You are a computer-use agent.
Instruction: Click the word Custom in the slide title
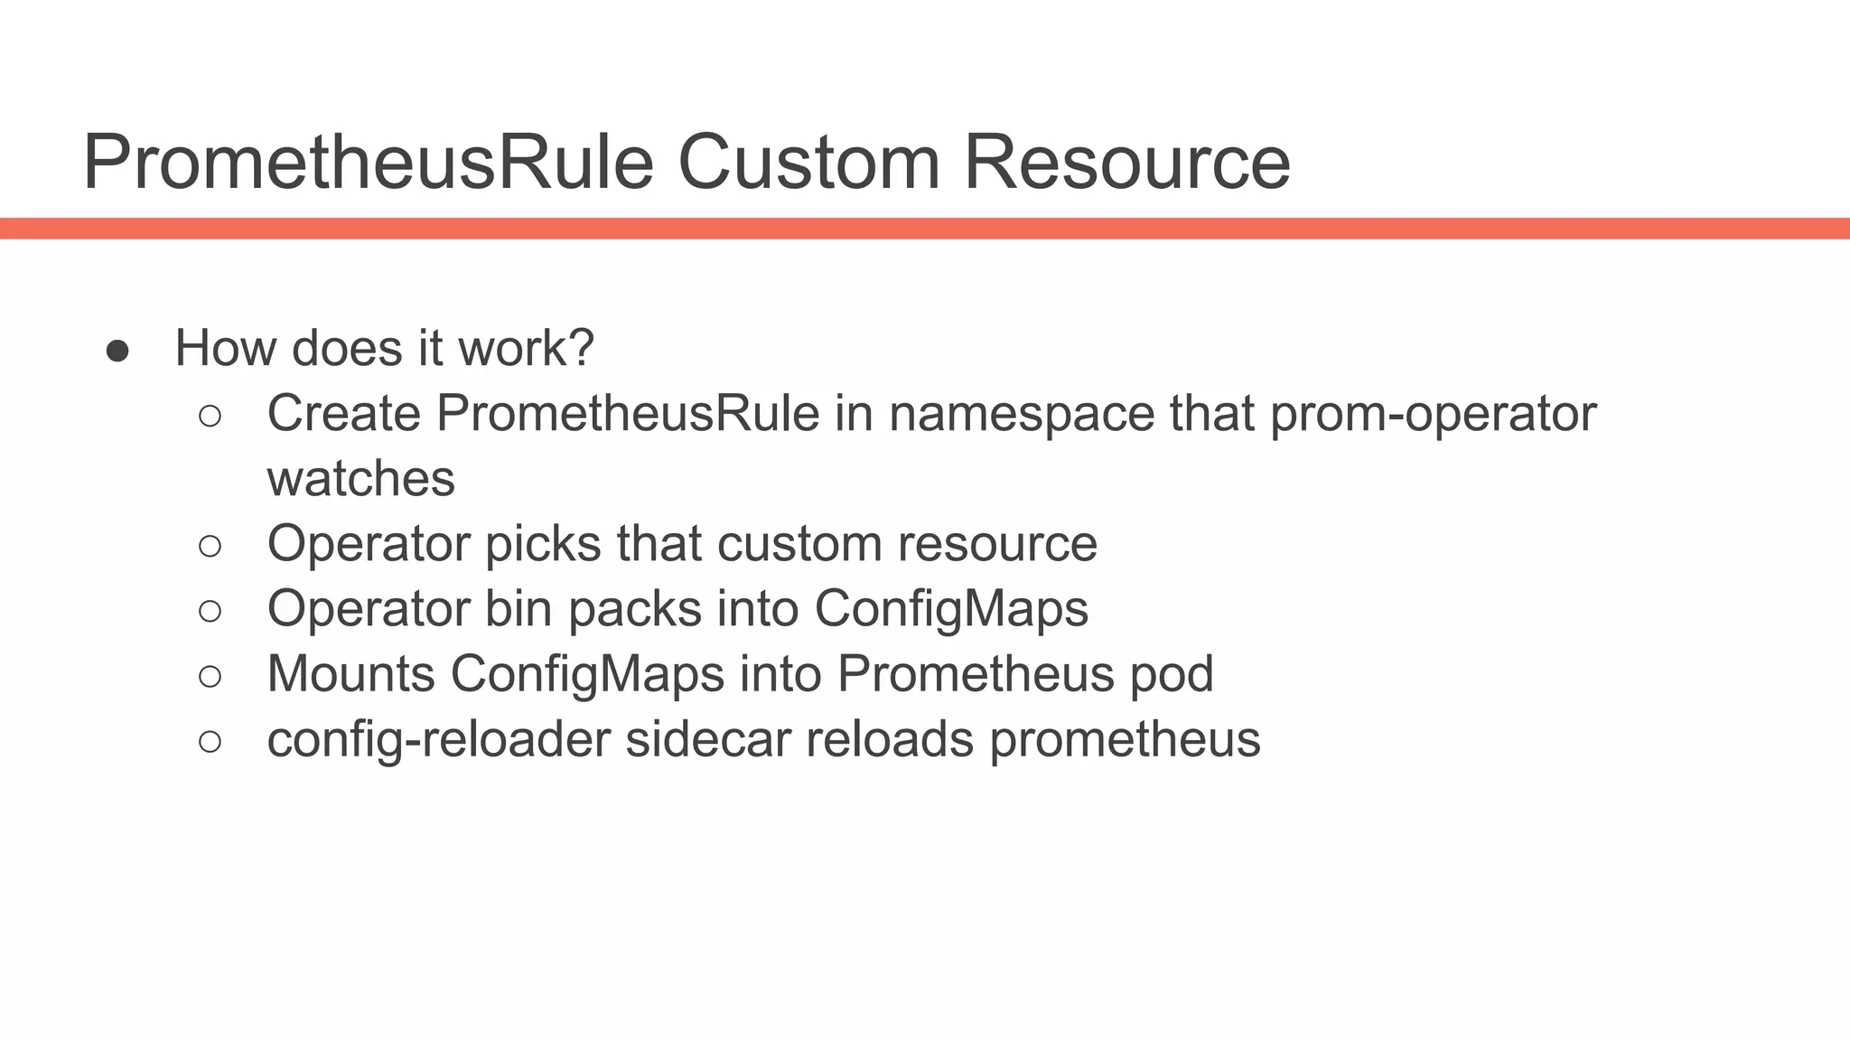point(808,163)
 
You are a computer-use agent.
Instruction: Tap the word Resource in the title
point(1127,163)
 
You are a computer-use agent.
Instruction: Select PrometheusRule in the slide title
point(368,163)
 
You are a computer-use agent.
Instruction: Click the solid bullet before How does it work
point(117,351)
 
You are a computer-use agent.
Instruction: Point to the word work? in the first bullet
point(526,348)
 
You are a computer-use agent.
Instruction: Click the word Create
point(343,414)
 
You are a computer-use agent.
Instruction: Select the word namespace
point(1021,416)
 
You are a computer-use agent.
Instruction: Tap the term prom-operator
point(1434,416)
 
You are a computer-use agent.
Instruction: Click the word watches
point(360,479)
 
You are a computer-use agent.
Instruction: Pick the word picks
point(543,545)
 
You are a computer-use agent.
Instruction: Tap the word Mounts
point(351,674)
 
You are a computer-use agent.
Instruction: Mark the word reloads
point(889,739)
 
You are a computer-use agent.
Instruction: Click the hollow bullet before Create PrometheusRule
point(210,417)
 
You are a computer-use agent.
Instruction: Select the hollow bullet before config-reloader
point(210,742)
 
